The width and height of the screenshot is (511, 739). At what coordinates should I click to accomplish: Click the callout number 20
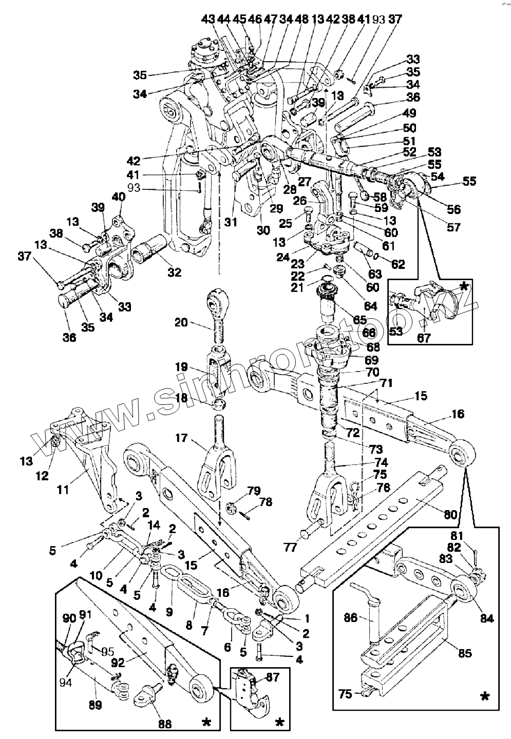tap(181, 322)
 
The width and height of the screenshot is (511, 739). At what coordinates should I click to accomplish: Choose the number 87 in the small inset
tap(273, 678)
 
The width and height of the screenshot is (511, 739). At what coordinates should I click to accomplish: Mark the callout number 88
tap(165, 724)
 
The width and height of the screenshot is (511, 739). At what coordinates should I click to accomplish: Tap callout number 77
tap(290, 548)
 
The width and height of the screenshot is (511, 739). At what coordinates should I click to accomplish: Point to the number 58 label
tap(380, 196)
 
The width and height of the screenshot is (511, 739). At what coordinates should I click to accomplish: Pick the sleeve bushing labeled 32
tap(149, 251)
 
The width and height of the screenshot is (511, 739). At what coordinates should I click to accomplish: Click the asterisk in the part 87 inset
tap(280, 722)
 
